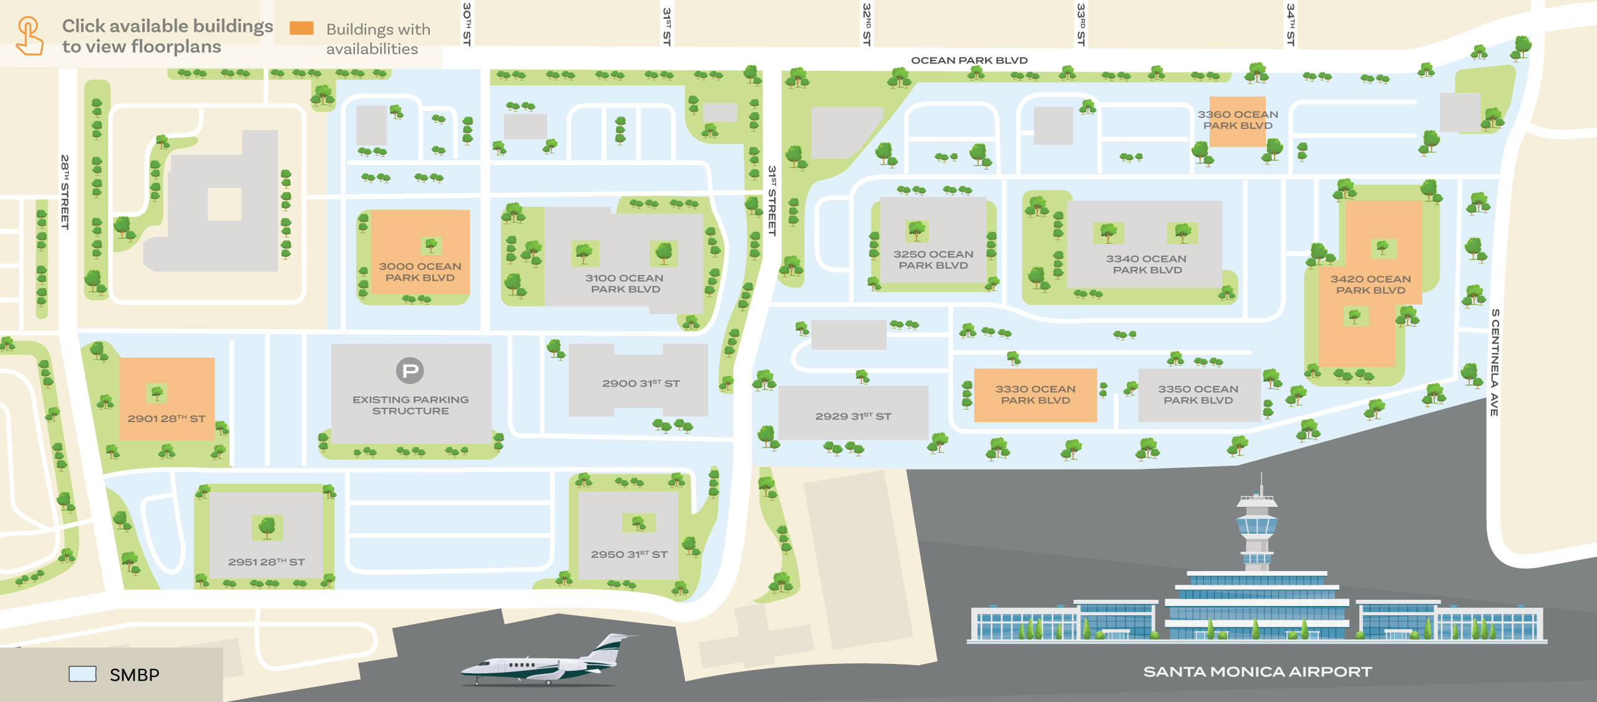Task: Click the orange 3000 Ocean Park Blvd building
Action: pos(420,252)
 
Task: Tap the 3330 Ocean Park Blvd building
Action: pos(1035,395)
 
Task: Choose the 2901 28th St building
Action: pos(167,399)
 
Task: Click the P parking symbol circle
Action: pos(410,371)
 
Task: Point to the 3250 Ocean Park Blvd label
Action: pos(933,259)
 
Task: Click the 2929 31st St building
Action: pos(853,413)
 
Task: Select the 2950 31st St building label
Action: pos(629,554)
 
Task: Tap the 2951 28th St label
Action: pos(266,562)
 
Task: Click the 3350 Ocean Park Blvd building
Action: pos(1198,395)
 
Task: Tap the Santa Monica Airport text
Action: pos(1257,671)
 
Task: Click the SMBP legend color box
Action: pos(82,674)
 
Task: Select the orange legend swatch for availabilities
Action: pos(301,28)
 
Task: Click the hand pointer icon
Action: pos(29,36)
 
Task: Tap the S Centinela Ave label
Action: pos(1495,362)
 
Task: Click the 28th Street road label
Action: pos(64,191)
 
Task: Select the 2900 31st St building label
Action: pos(641,383)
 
